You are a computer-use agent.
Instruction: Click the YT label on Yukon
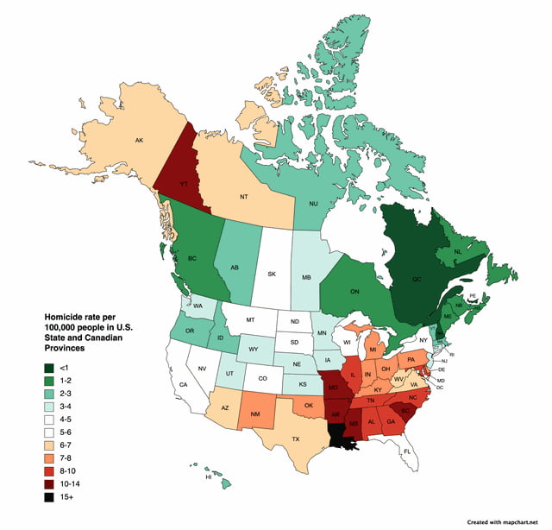(x=183, y=183)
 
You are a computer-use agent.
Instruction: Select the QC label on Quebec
(x=417, y=280)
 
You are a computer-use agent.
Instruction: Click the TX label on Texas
(x=295, y=439)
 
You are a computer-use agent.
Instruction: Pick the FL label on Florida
(x=407, y=451)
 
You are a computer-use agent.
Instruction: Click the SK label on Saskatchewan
(x=271, y=274)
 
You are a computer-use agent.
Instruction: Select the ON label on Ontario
(x=354, y=292)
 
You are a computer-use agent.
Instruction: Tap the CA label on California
(x=183, y=384)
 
